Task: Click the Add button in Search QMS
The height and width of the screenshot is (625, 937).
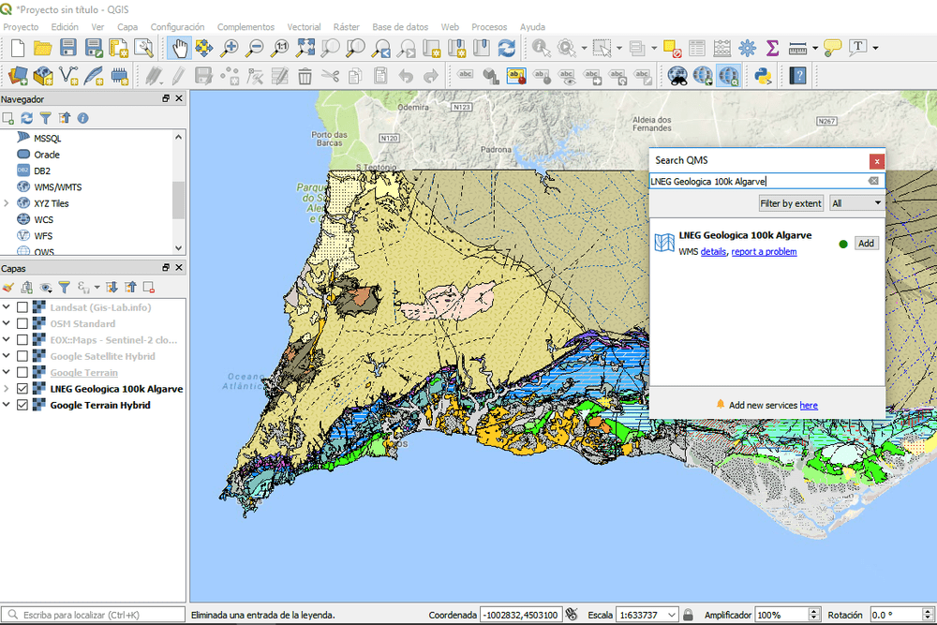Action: tap(866, 244)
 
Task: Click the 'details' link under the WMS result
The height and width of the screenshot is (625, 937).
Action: tap(713, 252)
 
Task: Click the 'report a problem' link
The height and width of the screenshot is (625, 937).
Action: tap(764, 252)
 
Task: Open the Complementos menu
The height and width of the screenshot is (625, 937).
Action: tap(245, 27)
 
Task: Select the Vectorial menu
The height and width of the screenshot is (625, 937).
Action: tap(304, 27)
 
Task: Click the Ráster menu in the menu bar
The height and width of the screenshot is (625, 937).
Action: tap(346, 27)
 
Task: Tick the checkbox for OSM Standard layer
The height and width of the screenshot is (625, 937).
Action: tap(22, 324)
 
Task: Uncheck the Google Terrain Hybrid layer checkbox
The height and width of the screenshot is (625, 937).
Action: tap(22, 406)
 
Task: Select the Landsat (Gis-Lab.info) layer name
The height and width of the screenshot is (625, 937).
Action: tap(100, 307)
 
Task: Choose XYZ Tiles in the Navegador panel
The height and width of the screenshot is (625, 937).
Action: tap(52, 203)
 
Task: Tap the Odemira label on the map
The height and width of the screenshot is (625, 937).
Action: tap(413, 108)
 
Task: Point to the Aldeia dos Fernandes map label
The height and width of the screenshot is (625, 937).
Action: tap(652, 124)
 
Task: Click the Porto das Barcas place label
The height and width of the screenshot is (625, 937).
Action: tap(329, 140)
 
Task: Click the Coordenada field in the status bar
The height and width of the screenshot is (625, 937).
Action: tap(520, 616)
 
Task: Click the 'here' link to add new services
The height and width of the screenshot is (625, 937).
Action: tap(809, 405)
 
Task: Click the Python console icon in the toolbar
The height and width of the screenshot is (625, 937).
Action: tap(764, 75)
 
